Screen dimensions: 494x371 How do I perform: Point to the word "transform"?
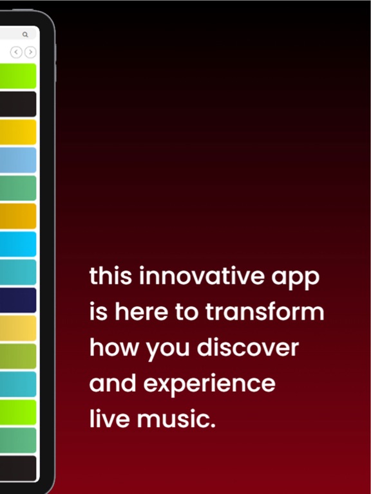click(x=265, y=313)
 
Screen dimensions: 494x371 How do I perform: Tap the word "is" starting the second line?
click(x=98, y=313)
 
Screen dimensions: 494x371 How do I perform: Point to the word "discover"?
click(x=248, y=348)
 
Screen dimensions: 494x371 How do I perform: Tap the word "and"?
click(x=113, y=384)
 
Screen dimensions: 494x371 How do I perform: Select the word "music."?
click(x=174, y=419)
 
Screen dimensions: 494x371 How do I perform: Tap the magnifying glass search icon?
click(x=25, y=35)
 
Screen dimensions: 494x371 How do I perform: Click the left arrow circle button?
click(x=16, y=52)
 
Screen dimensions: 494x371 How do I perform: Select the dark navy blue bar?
click(x=18, y=300)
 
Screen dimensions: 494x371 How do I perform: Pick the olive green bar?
click(x=18, y=356)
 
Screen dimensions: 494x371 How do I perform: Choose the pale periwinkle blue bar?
click(x=18, y=160)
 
